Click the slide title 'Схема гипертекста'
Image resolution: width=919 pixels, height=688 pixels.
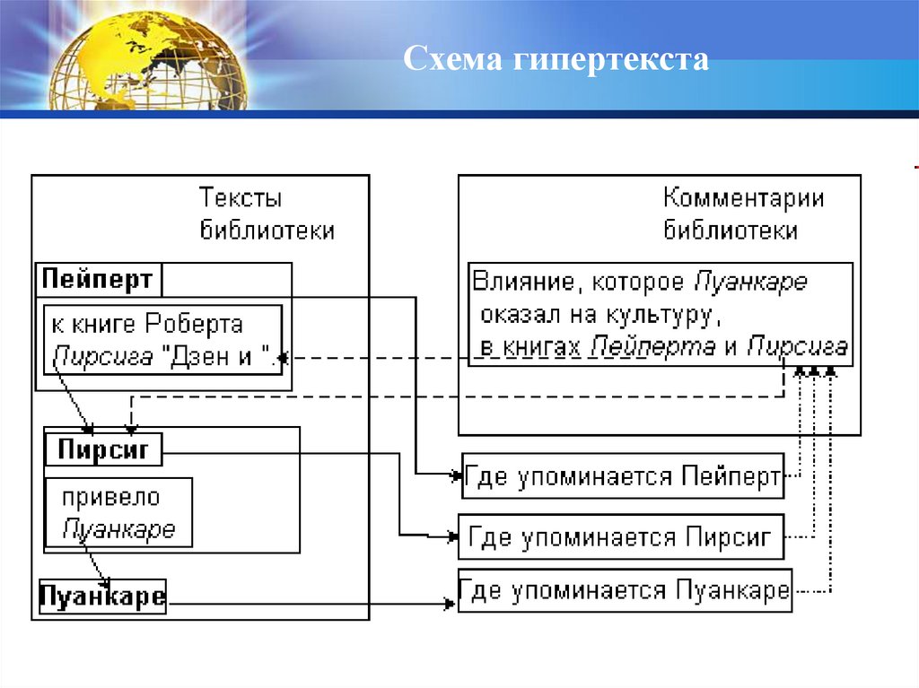pyautogui.click(x=556, y=60)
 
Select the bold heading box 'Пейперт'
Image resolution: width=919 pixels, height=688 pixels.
pyautogui.click(x=97, y=280)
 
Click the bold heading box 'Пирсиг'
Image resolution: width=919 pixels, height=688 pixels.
pyautogui.click(x=102, y=449)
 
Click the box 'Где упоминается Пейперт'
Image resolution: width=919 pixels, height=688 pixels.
pyautogui.click(x=622, y=476)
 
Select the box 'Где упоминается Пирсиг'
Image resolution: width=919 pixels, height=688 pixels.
pyautogui.click(x=620, y=537)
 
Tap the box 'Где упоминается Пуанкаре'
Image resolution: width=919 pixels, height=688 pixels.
pyautogui.click(x=625, y=591)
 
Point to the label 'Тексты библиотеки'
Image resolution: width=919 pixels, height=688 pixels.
pyautogui.click(x=267, y=213)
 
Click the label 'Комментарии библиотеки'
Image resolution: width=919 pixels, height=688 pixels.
pyautogui.click(x=742, y=213)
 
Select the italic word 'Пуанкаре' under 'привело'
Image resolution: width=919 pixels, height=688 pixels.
pyautogui.click(x=118, y=528)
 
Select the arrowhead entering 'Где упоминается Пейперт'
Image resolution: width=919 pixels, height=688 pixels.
pyautogui.click(x=455, y=475)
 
